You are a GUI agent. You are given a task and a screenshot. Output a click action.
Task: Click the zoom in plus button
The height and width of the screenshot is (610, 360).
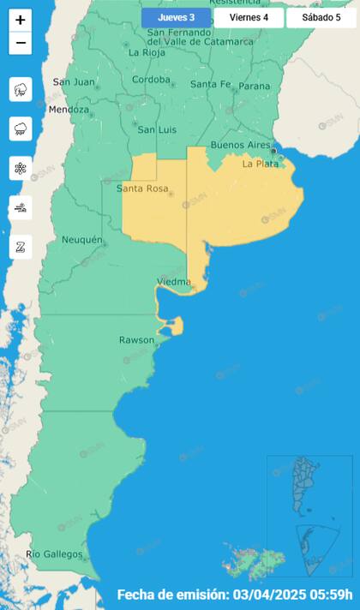[21, 20]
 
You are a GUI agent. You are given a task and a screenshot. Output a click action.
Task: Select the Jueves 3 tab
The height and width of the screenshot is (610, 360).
[176, 17]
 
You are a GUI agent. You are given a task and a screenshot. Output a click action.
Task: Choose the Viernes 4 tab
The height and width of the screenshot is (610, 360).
[249, 17]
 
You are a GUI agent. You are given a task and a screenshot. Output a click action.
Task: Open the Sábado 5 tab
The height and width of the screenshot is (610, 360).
[321, 17]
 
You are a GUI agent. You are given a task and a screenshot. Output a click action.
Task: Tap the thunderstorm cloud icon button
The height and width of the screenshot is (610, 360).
[21, 89]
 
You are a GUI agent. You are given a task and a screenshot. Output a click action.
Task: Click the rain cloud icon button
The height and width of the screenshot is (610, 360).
[21, 129]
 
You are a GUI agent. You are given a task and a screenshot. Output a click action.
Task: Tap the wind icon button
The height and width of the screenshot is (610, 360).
[21, 207]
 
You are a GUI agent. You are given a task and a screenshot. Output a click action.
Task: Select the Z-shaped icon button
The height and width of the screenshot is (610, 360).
[21, 247]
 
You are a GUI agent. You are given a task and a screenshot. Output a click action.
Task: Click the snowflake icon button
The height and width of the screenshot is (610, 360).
[21, 168]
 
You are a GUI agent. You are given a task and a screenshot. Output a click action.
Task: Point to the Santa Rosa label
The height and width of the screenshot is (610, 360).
[141, 188]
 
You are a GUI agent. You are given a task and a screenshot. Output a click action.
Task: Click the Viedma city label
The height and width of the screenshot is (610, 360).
[175, 282]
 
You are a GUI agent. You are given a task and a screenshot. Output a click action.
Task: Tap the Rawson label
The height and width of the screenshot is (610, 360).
[137, 340]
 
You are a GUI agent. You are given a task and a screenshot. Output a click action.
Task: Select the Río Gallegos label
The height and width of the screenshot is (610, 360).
[54, 554]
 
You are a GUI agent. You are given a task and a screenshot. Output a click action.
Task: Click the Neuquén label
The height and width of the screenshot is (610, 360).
[82, 240]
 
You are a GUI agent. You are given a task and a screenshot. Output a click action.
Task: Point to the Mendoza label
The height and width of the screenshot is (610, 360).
[69, 110]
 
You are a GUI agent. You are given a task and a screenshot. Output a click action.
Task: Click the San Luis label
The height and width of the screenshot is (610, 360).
[158, 129]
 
